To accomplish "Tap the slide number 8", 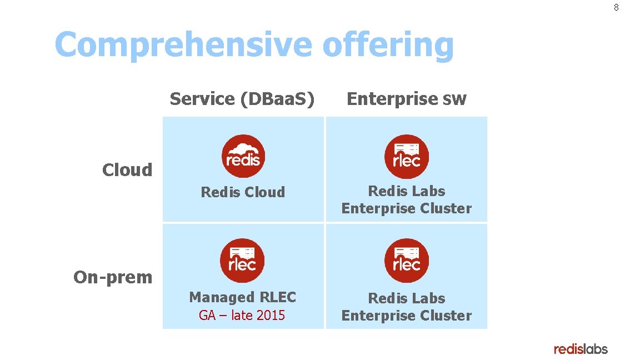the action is point(616,8).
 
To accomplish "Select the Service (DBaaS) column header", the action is point(242,99).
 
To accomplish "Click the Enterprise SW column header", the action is point(407,99).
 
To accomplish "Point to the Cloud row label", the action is point(127,169).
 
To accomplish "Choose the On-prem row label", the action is point(113,277).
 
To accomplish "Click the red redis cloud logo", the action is point(243,157).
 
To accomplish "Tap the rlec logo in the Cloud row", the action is point(407,157).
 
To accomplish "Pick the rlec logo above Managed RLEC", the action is point(242,261).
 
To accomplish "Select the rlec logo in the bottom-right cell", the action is point(407,261).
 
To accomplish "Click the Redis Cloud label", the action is point(243,192).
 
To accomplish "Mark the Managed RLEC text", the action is point(243,297).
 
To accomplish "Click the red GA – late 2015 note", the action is point(242,316).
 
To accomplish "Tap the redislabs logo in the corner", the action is point(581,349).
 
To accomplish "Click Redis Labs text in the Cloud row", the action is point(407,191).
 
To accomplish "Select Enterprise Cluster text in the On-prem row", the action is point(407,316).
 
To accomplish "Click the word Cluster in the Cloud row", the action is point(446,208).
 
